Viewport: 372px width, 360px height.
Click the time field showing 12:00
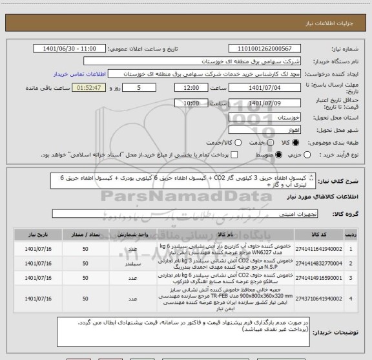click(x=191, y=87)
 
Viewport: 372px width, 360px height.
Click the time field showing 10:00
click(x=191, y=103)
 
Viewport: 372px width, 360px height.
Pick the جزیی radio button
click(x=315, y=155)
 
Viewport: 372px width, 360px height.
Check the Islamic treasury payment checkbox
click(x=234, y=155)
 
